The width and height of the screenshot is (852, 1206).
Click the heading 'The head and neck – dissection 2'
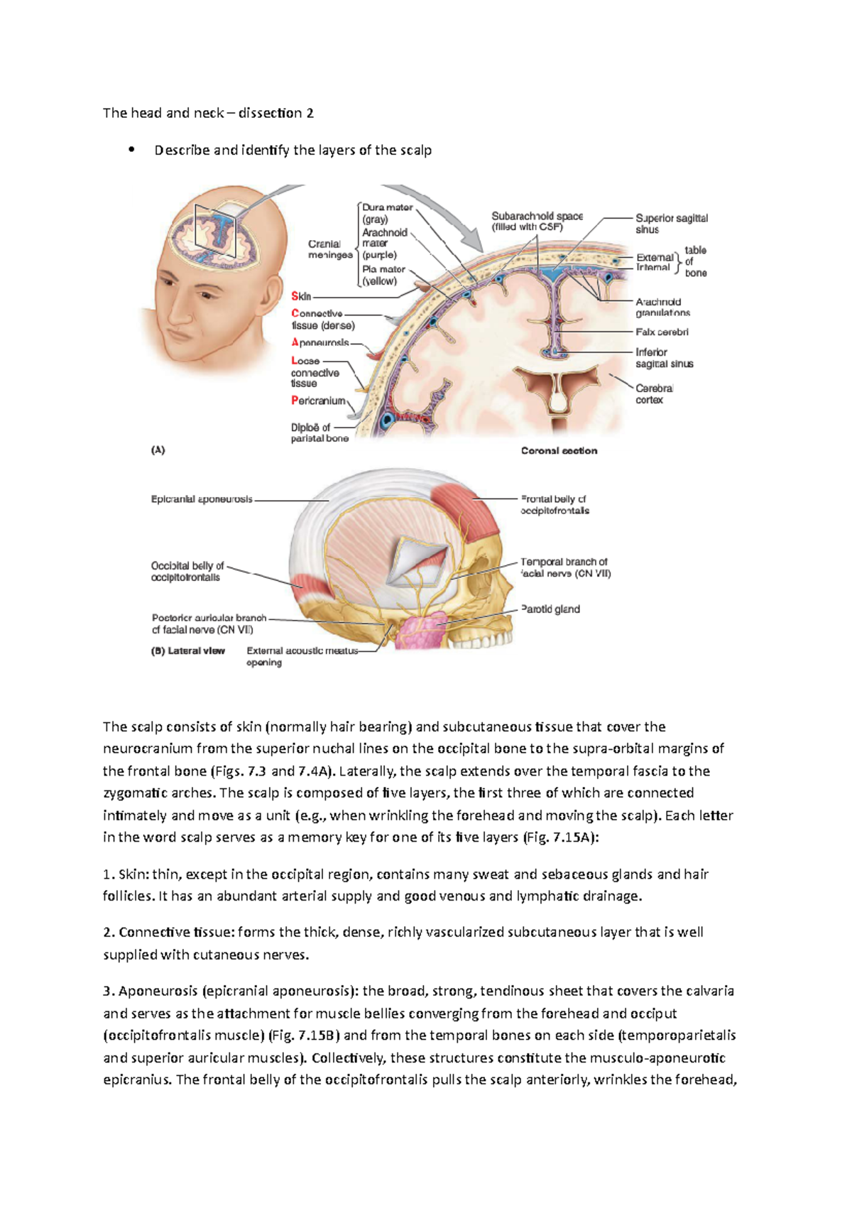(208, 113)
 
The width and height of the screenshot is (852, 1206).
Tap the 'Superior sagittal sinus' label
(671, 224)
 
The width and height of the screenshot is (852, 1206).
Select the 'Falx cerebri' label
(662, 332)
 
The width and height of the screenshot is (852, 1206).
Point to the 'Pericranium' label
(318, 401)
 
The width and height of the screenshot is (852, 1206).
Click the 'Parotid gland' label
(550, 609)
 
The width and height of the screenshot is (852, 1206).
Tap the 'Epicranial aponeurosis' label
(202, 499)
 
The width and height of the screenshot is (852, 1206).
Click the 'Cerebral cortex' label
(654, 394)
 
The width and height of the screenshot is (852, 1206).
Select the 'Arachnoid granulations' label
(662, 307)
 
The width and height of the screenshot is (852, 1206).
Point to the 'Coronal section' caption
(559, 450)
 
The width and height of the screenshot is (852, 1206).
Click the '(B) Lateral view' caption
(188, 651)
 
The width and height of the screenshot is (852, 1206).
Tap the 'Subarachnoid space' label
(537, 221)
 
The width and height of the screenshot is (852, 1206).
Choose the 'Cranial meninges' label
(330, 249)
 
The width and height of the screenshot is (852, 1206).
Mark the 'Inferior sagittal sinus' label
(664, 357)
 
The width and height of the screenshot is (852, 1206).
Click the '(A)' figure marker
(158, 450)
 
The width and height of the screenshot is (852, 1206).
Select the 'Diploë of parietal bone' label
(319, 433)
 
